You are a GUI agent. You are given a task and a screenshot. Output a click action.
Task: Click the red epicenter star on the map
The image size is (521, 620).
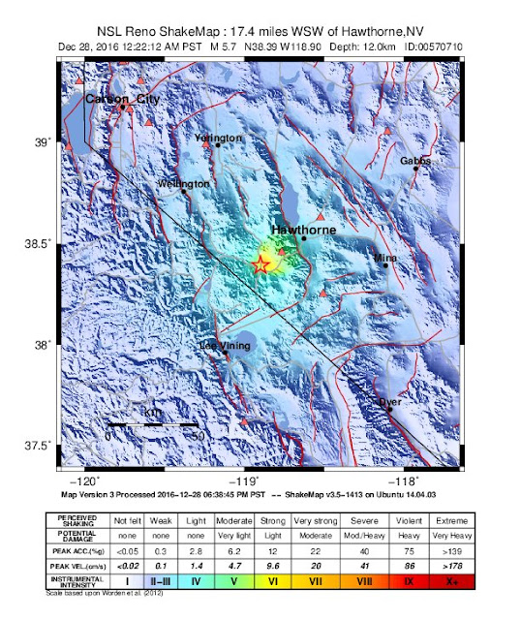260,264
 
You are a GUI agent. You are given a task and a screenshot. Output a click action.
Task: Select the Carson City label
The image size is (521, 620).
122,99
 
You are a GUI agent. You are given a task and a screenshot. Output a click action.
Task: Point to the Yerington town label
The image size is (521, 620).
219,139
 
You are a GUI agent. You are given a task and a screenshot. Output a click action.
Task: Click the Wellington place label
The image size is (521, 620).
184,183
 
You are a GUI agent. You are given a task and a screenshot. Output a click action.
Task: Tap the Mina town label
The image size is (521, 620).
385,259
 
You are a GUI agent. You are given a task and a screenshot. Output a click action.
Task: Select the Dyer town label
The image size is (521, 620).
389,401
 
